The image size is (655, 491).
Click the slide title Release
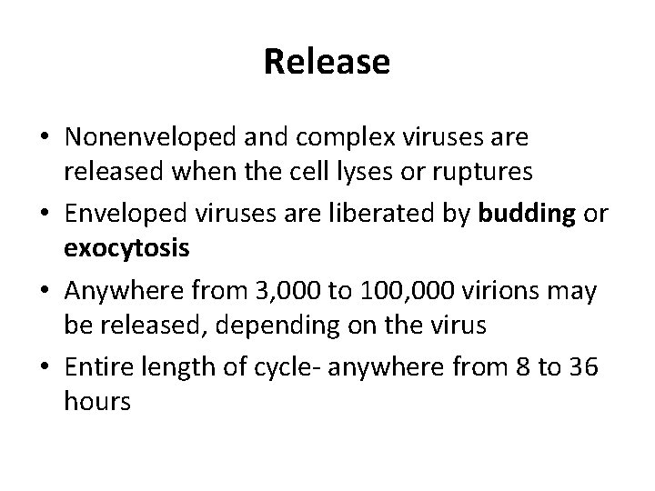click(x=327, y=63)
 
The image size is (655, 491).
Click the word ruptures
click(x=509, y=173)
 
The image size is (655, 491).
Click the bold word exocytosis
click(x=126, y=248)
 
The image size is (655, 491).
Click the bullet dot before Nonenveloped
click(x=44, y=139)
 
